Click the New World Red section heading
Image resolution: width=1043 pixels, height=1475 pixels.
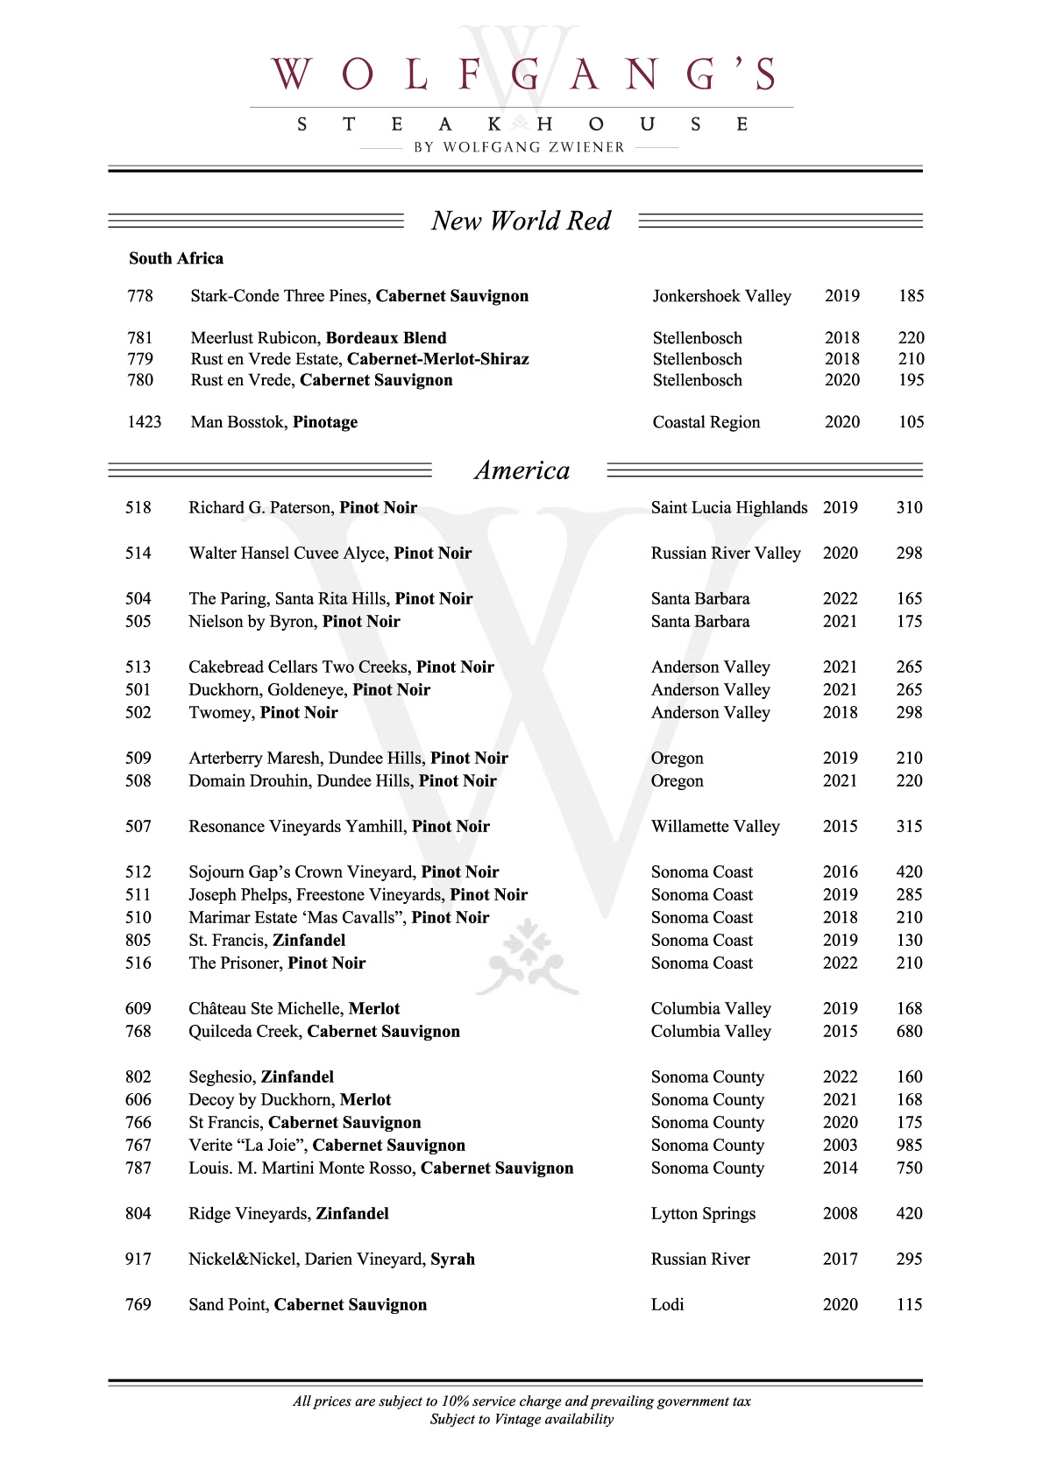(521, 221)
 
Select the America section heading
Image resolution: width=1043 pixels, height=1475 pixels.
(521, 470)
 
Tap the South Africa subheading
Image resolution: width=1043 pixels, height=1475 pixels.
(176, 258)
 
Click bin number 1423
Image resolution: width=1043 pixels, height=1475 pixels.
(145, 422)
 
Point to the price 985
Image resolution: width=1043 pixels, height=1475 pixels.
(909, 1146)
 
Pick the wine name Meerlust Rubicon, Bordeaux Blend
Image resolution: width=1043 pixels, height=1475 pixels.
(318, 338)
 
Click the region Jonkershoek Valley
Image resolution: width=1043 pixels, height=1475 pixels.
(721, 296)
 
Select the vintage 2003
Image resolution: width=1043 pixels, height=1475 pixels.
(840, 1146)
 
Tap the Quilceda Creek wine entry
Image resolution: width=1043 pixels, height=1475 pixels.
(323, 1032)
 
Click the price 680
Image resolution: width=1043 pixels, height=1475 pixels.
(909, 1032)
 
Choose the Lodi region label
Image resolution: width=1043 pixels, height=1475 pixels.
(667, 1305)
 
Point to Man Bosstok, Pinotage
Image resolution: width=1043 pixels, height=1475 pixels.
(273, 422)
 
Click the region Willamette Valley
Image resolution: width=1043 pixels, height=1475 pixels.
(714, 827)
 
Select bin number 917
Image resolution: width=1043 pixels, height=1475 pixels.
(138, 1260)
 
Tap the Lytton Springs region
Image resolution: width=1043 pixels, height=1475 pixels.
(703, 1214)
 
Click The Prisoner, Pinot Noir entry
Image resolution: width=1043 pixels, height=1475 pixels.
(277, 963)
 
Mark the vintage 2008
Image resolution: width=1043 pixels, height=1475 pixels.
(840, 1214)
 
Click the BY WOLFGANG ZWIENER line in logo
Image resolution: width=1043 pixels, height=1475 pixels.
(520, 147)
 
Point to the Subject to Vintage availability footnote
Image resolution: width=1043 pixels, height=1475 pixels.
(521, 1420)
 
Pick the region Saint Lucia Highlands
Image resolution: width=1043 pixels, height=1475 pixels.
(728, 508)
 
